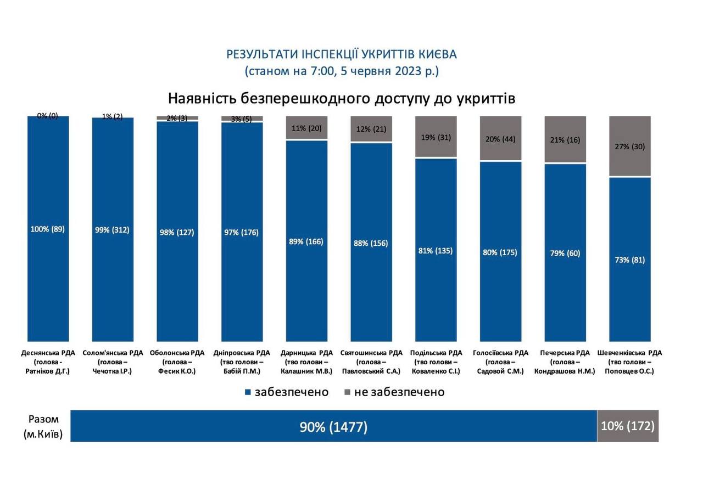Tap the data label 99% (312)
(x=112, y=230)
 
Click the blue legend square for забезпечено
(x=248, y=392)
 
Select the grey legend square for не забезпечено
(x=347, y=392)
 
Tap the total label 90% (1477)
(x=333, y=427)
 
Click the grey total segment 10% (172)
(x=628, y=426)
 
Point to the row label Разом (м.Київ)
(x=43, y=427)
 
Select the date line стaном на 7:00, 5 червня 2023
(x=342, y=71)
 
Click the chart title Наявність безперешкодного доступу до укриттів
(x=341, y=98)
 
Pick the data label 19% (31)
(x=436, y=137)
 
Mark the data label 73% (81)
(x=630, y=260)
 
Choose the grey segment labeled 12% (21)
(x=371, y=129)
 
